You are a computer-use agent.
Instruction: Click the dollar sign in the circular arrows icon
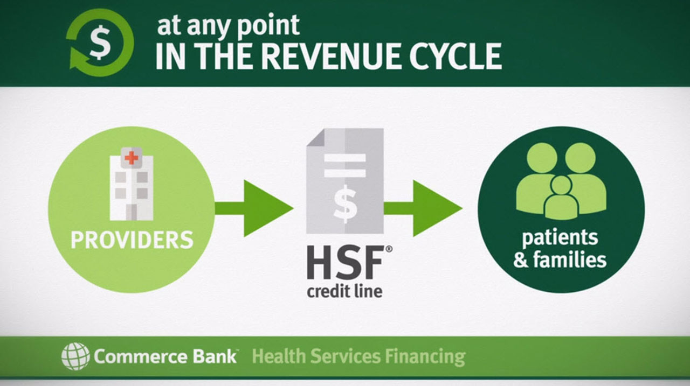(99, 44)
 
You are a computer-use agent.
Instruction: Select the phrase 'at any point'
(228, 25)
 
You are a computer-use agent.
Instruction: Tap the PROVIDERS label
(132, 240)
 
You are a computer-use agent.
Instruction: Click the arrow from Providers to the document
(253, 208)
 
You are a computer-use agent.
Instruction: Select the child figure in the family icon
(561, 198)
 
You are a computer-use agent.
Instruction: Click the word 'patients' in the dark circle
(560, 238)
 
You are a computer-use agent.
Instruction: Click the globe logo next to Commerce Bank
(75, 356)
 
